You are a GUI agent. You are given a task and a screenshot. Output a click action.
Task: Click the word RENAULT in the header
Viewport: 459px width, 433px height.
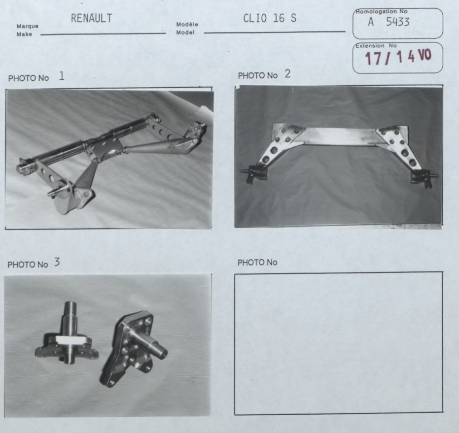point(91,18)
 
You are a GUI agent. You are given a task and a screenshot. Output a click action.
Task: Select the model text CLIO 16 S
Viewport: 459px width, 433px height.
point(270,18)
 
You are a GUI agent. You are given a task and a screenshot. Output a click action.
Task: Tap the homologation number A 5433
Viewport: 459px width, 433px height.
point(388,22)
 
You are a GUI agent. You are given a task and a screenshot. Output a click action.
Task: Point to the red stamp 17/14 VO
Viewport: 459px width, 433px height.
point(398,57)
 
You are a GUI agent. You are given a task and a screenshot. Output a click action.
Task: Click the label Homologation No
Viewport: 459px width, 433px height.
point(382,11)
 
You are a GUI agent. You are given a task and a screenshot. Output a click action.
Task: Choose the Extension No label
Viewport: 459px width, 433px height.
point(376,46)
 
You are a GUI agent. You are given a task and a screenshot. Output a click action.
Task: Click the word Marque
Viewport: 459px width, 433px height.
point(28,26)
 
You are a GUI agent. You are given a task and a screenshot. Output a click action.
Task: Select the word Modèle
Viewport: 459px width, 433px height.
point(187,25)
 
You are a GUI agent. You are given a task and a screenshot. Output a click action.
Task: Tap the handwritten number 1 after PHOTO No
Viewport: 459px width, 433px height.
point(62,76)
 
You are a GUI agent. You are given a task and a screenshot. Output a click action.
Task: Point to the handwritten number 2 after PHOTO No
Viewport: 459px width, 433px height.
point(288,74)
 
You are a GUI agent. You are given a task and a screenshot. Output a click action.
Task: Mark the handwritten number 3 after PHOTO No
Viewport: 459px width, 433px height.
point(57,262)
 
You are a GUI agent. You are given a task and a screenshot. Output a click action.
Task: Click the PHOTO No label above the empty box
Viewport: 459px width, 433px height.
point(257,263)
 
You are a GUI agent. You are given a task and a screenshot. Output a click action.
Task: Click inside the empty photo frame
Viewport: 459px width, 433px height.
point(338,343)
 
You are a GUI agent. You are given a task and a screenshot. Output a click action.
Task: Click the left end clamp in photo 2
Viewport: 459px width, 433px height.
point(253,173)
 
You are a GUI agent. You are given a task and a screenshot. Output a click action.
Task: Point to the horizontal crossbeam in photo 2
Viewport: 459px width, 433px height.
point(340,136)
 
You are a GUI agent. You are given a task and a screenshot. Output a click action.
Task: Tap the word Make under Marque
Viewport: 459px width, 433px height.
point(24,34)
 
